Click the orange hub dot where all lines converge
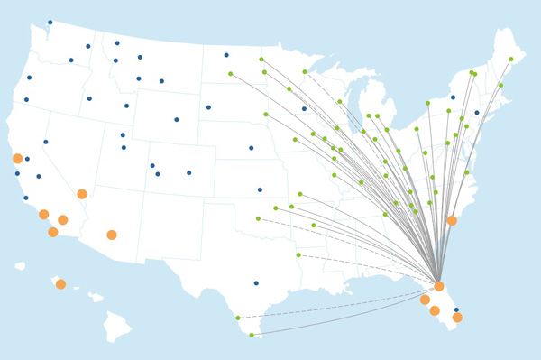[x=439, y=286]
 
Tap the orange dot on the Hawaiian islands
[x=60, y=284]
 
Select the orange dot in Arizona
[x=112, y=235]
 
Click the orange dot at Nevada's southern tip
[x=82, y=194]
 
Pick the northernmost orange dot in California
[x=17, y=159]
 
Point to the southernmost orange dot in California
[x=53, y=232]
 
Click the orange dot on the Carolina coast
[x=452, y=220]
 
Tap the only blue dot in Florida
[x=456, y=309]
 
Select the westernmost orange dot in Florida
[x=425, y=300]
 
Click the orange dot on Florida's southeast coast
[x=457, y=318]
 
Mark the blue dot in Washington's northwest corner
[x=50, y=23]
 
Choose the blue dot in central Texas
[x=256, y=282]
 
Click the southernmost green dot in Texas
[x=252, y=335]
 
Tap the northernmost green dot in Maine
[x=511, y=60]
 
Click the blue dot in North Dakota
[x=226, y=55]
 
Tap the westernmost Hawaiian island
[x=20, y=266]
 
